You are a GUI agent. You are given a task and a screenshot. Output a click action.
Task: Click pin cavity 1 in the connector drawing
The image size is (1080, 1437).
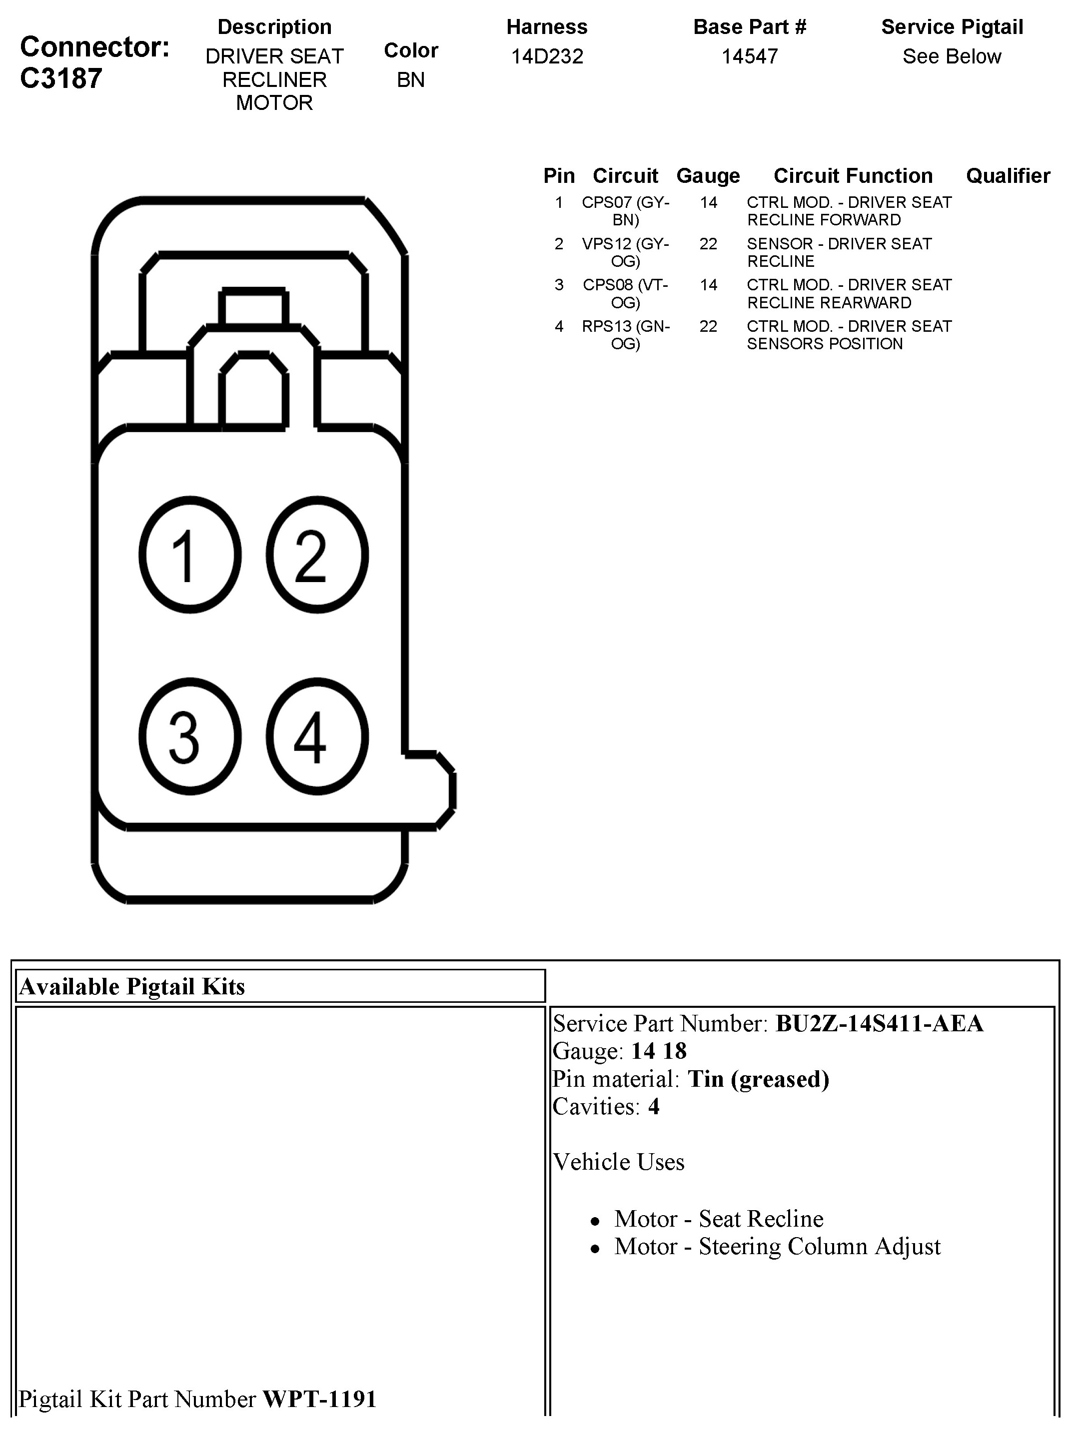tap(190, 554)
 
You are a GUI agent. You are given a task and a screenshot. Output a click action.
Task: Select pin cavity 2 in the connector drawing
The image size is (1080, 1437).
tap(317, 554)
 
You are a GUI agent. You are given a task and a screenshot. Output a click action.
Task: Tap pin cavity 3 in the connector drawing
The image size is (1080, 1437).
tap(190, 736)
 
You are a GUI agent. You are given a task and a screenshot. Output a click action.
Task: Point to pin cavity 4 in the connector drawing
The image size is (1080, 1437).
tap(317, 736)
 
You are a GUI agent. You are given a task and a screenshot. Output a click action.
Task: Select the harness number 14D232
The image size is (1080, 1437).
tap(547, 56)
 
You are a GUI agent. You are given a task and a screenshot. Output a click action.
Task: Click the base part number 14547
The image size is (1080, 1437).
tap(749, 56)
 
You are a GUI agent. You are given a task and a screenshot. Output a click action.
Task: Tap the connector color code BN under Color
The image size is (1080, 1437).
tap(411, 80)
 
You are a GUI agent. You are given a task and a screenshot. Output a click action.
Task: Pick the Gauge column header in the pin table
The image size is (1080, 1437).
tap(708, 175)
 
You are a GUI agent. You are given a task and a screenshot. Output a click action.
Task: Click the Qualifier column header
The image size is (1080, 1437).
tap(1008, 175)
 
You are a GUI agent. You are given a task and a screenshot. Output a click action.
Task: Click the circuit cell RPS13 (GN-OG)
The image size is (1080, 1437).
tap(625, 335)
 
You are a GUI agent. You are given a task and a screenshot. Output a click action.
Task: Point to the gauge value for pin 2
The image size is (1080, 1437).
tap(708, 244)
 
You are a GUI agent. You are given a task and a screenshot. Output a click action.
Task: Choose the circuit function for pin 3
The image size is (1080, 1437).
tap(849, 294)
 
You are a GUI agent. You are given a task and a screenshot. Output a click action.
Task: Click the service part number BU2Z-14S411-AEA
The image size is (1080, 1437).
tap(879, 1024)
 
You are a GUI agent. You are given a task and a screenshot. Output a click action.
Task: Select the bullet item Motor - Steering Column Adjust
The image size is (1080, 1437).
tap(777, 1247)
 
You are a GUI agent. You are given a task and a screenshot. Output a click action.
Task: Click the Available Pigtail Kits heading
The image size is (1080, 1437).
tap(132, 987)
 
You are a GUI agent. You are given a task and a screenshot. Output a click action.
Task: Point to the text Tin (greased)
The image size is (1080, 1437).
tap(758, 1079)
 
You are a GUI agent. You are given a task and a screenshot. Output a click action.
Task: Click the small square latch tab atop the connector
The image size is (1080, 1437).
tap(253, 307)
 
